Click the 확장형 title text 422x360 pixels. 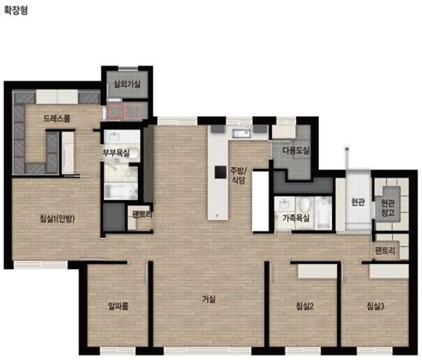point(16,11)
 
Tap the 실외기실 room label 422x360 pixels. point(127,84)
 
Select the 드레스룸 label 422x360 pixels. point(57,118)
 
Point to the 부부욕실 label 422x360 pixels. point(116,153)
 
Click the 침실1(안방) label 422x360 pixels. point(57,218)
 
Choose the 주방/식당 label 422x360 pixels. point(238,175)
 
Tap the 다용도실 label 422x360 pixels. point(296,150)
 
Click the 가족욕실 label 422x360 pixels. point(296,218)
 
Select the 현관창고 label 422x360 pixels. point(388,208)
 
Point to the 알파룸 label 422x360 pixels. point(118,306)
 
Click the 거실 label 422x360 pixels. point(209,299)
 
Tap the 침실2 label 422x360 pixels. point(305,306)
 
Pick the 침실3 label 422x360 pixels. point(376,306)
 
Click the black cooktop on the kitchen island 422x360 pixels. point(220,172)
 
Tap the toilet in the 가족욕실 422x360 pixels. point(305,205)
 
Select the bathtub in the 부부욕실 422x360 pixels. point(121,191)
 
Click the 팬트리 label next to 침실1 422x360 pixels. point(142,215)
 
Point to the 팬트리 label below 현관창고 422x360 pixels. point(385,251)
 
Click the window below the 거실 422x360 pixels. point(207,351)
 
